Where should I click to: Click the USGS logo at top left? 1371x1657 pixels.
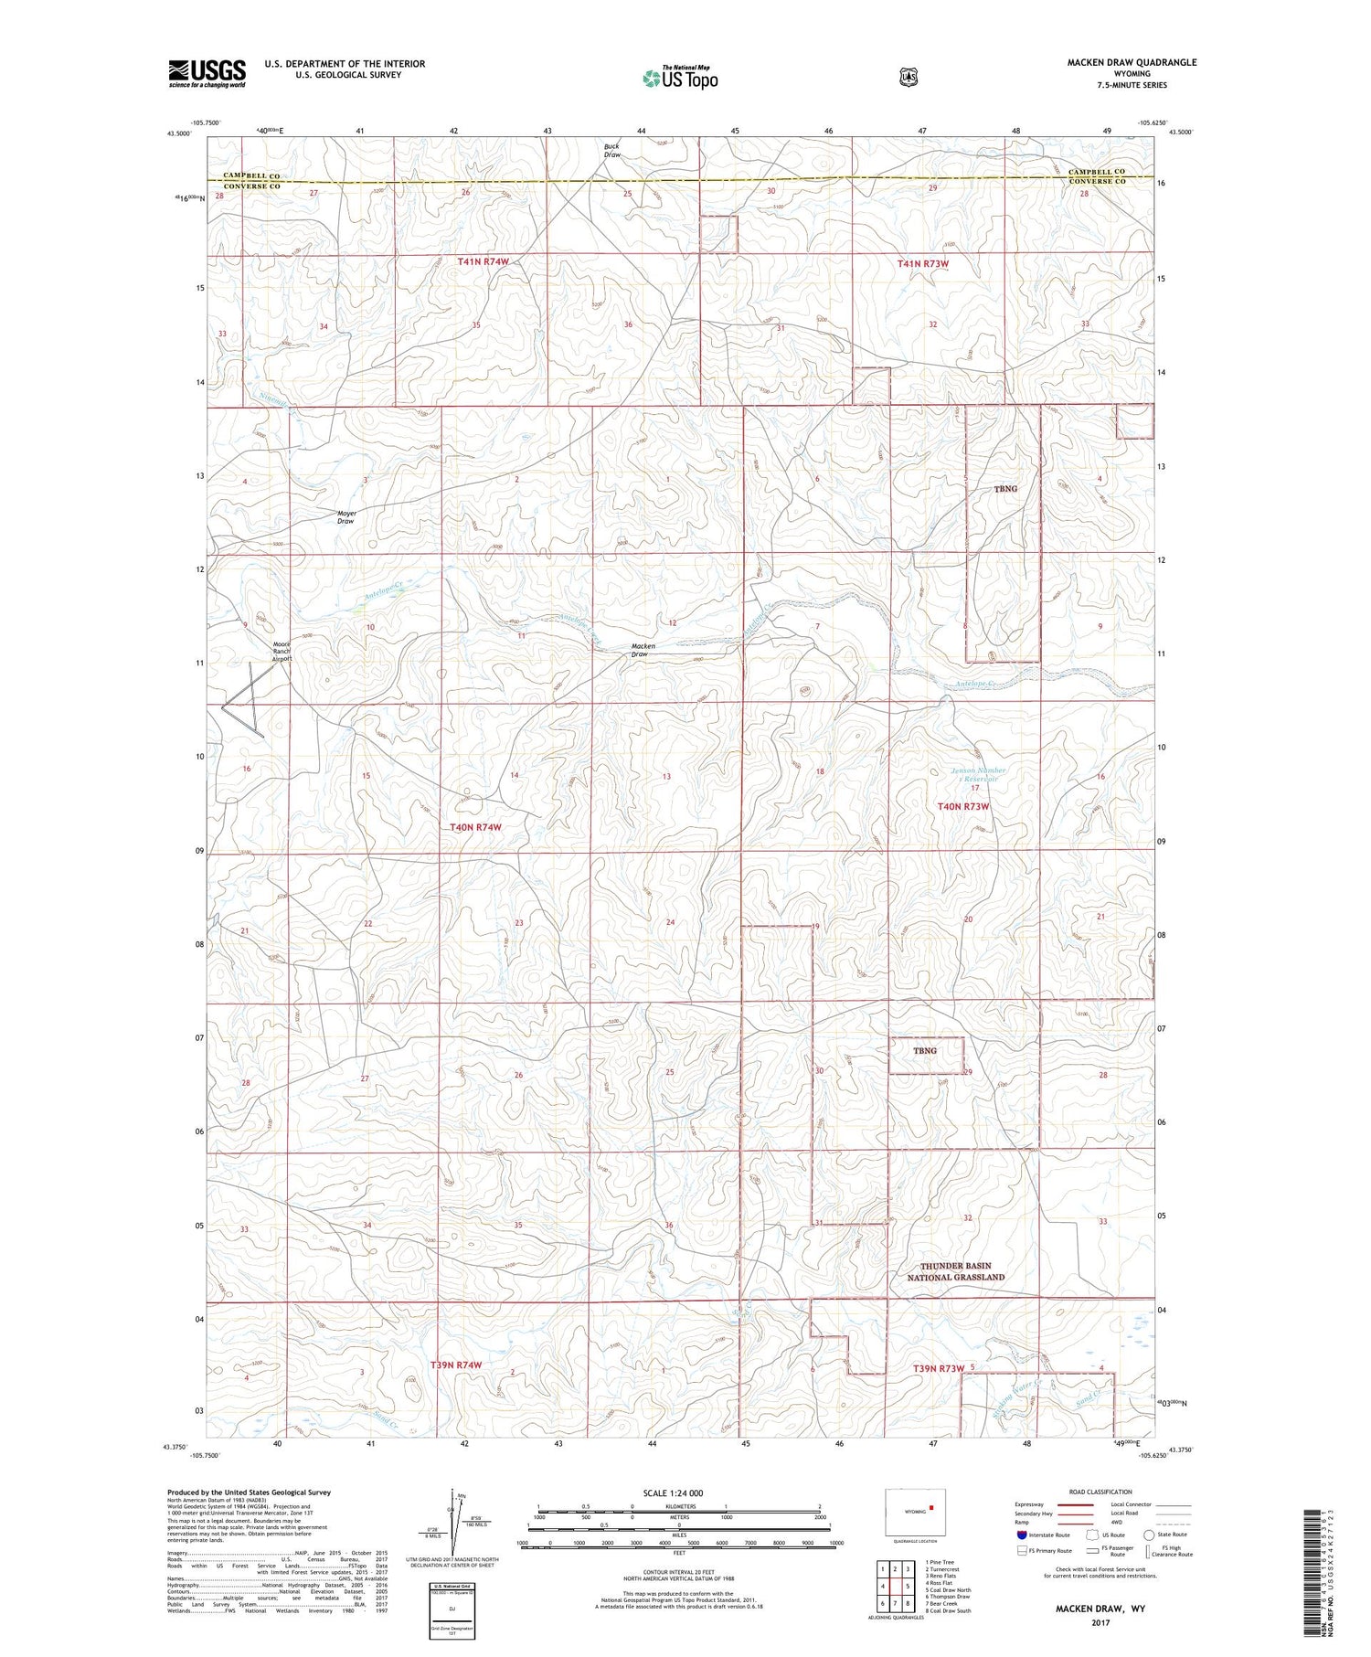[207, 73]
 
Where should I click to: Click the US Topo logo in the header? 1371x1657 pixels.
[681, 79]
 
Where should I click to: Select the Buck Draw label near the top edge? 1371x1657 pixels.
[612, 151]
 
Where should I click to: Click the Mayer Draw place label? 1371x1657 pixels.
[346, 517]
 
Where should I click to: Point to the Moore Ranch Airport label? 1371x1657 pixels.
[282, 650]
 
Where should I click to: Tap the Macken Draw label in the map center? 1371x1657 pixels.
[643, 650]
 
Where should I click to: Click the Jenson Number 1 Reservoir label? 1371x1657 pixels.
[978, 774]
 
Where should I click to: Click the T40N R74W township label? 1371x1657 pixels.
[476, 827]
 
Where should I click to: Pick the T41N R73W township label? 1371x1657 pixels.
[923, 264]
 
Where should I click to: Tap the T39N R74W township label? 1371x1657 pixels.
[455, 1365]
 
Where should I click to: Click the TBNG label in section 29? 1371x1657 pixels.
[925, 1051]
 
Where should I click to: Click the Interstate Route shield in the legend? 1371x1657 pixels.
[1022, 1535]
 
